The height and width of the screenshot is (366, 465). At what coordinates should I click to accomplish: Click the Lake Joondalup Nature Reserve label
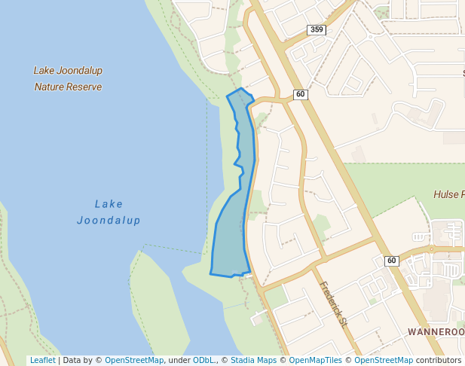coord(68,78)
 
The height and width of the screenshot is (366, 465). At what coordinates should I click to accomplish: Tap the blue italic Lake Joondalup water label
coord(109,212)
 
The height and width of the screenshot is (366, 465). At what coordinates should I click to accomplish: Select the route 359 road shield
coord(317,29)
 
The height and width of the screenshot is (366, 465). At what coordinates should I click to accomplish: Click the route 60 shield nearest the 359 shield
coord(301,94)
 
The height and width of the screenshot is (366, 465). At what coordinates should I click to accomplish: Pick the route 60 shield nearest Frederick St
coord(391,261)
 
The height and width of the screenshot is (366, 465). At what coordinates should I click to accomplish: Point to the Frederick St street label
coord(332,304)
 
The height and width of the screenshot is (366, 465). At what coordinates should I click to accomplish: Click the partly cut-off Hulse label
coord(448,194)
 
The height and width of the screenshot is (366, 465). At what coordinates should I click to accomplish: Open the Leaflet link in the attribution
coord(42,361)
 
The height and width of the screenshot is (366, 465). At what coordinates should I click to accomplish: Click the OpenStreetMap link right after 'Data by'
coord(134,361)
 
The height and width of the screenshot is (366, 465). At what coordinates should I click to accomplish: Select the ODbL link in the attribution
coord(203,361)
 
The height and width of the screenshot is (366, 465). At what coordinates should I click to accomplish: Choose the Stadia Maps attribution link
coord(253,361)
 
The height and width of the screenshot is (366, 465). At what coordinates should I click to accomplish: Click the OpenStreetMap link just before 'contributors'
coord(384,361)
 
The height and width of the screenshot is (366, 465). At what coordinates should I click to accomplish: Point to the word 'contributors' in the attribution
coord(439,361)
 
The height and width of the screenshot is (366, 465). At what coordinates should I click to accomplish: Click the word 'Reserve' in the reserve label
coord(84,87)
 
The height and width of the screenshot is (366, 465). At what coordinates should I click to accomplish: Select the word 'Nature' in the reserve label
coord(49,87)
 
